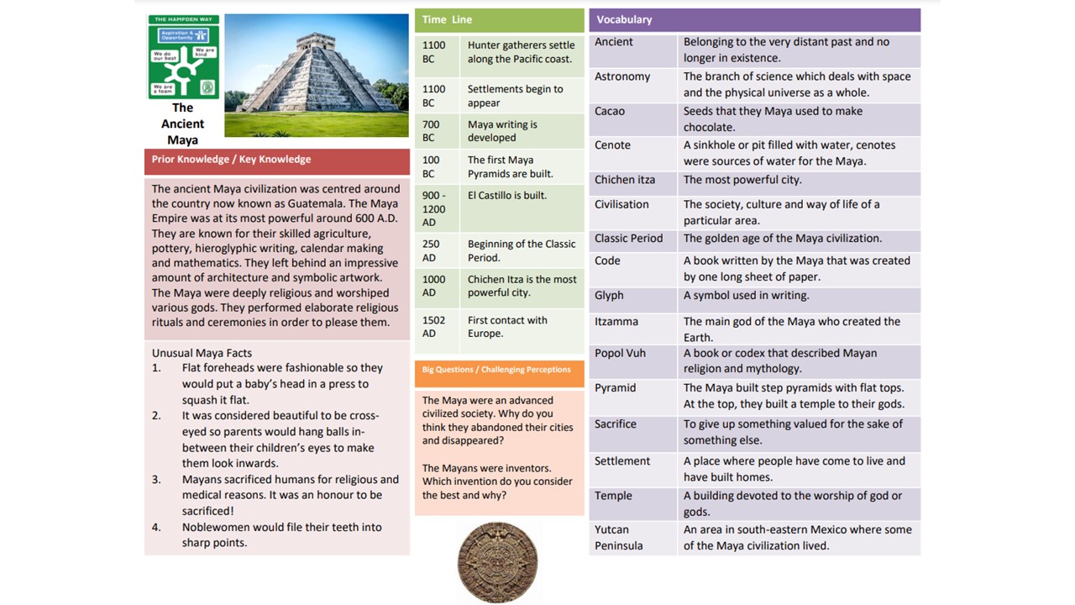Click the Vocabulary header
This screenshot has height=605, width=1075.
624,19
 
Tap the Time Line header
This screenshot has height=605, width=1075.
447,19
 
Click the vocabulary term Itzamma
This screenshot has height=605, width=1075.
616,322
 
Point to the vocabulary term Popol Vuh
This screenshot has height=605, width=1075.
620,354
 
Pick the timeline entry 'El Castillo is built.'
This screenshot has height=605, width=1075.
507,196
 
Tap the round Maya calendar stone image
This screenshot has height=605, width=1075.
497,563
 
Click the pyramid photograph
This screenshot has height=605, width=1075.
316,75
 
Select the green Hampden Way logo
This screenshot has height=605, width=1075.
183,56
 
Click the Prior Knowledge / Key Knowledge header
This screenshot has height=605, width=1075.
231,160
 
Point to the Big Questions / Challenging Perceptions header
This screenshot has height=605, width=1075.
496,370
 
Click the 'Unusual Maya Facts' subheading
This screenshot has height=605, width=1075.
202,353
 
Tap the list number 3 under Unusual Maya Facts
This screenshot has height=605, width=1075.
156,480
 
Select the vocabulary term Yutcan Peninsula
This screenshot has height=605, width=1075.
618,538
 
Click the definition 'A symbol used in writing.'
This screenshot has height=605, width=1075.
746,296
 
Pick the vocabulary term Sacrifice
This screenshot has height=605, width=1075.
616,424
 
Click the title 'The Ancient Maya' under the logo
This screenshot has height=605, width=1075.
182,124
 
